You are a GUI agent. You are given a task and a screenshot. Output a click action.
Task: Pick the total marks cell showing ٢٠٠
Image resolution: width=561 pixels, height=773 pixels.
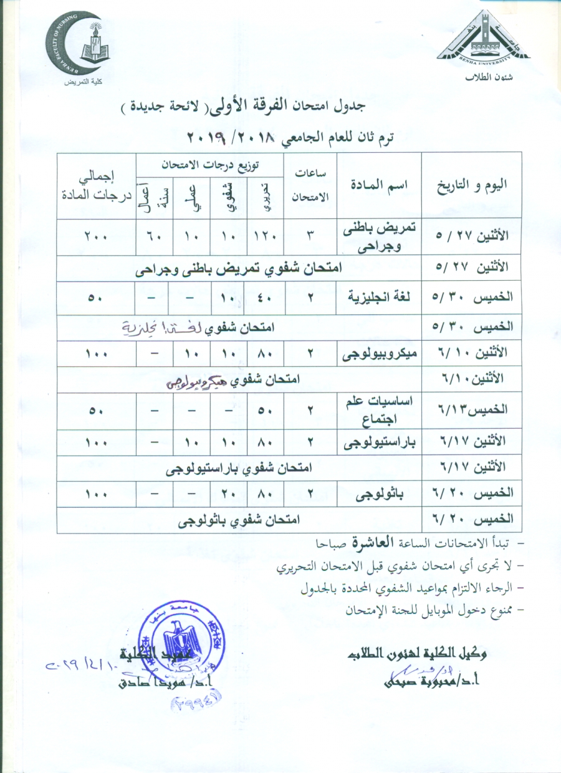coord(96,237)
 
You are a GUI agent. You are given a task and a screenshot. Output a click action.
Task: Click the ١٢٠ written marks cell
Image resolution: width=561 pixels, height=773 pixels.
coord(266,237)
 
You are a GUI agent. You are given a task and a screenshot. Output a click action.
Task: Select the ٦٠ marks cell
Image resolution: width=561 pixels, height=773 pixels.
coord(155,237)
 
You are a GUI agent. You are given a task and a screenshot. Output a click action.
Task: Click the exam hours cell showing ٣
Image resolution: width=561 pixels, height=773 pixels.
coord(310,237)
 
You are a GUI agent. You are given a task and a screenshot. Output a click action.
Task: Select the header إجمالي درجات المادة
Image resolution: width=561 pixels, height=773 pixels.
coord(96,185)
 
